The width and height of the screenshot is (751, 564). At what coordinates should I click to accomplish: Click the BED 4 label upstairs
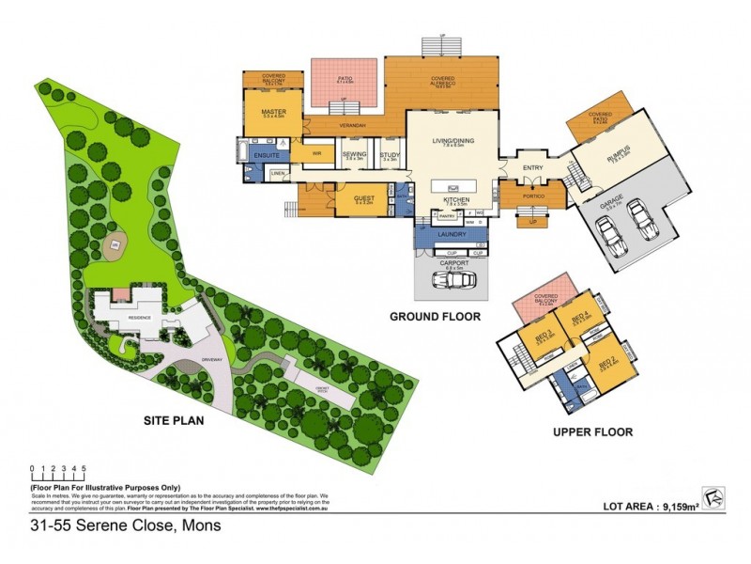(580, 316)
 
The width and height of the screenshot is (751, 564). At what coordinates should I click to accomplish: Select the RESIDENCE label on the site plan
(140, 318)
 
